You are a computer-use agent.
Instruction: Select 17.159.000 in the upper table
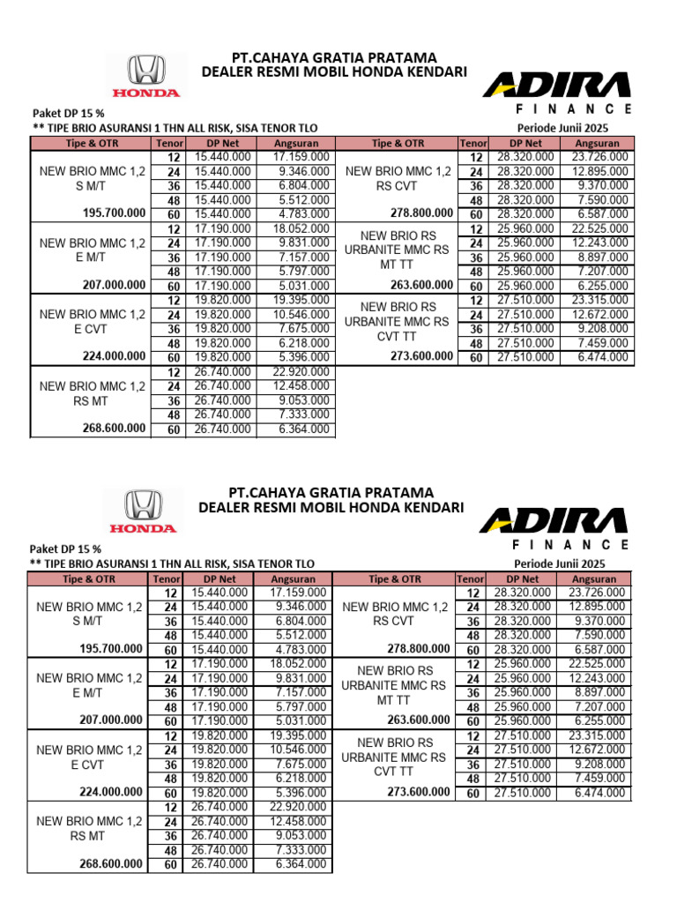(x=294, y=156)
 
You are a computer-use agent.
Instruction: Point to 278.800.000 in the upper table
(x=421, y=213)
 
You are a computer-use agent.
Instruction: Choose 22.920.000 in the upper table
(x=294, y=371)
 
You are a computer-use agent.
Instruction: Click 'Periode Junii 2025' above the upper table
(x=576, y=128)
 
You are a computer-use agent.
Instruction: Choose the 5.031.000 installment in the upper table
(x=294, y=285)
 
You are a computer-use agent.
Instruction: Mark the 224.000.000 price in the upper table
(x=114, y=356)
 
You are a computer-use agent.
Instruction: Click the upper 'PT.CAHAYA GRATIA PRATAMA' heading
(x=333, y=58)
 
